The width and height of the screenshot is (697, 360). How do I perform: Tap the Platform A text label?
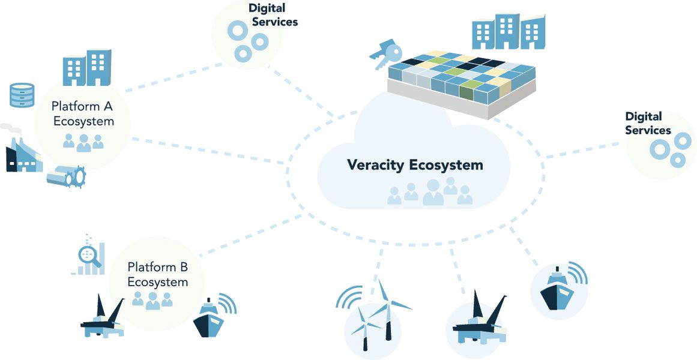82,107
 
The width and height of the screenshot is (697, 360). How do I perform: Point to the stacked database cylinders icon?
22,95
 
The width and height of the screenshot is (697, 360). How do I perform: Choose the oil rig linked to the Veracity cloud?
478,321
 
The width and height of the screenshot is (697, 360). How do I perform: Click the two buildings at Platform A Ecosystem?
87,67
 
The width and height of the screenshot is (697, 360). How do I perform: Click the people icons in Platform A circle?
83,142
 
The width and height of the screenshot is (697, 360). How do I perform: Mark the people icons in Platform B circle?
152,299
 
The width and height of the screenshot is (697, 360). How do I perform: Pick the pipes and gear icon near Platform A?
66,176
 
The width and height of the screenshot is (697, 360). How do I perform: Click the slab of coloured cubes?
461,81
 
